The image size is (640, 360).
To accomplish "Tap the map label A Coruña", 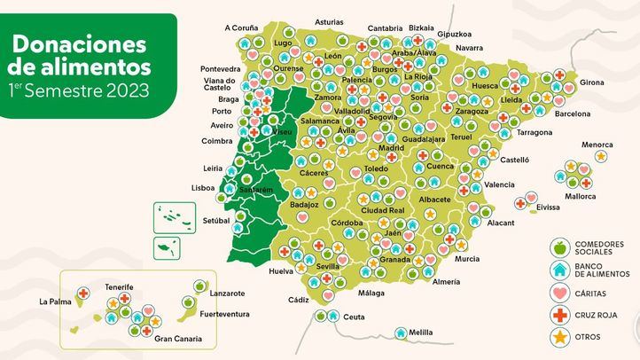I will point(240,27).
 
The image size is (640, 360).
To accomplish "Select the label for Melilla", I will point(421,333).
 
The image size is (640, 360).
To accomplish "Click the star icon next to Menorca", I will point(601,156).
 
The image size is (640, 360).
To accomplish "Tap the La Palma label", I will point(54,301).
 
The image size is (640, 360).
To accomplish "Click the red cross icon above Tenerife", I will point(83,293).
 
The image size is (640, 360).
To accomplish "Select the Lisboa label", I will point(203,188).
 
